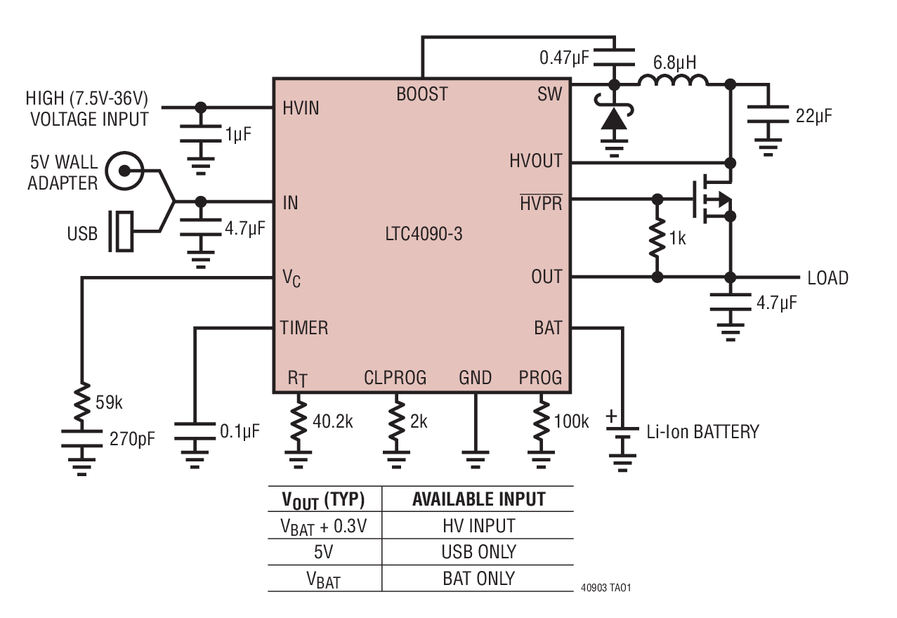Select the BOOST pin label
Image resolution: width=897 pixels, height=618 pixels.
(421, 94)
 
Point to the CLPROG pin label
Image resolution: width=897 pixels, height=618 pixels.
(395, 378)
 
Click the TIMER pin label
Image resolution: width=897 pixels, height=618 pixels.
(303, 327)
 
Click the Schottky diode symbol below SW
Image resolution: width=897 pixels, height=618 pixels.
(614, 118)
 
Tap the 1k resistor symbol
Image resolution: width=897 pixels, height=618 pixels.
(657, 238)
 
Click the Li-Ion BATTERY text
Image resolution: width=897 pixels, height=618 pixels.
(702, 431)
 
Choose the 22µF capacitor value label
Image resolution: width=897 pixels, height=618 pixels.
(813, 116)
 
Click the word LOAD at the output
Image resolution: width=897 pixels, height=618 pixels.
(827, 278)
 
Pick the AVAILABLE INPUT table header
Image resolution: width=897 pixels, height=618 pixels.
(478, 499)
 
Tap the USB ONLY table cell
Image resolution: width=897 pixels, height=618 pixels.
(478, 551)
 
